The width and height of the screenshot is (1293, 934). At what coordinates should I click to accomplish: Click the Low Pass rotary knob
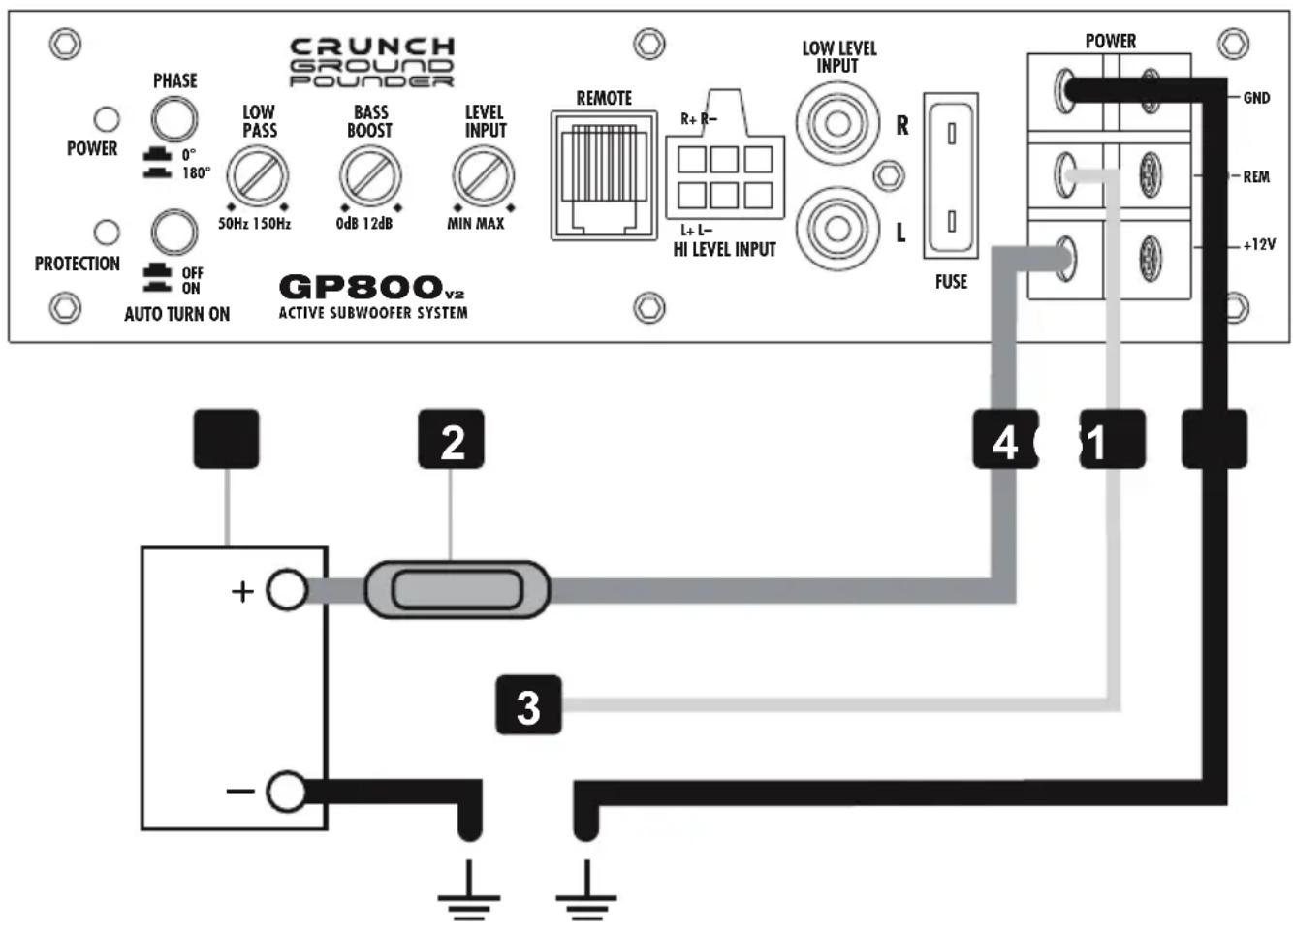click(258, 176)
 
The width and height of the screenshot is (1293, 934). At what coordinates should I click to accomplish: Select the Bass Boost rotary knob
click(369, 176)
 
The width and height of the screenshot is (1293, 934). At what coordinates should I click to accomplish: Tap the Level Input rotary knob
click(483, 176)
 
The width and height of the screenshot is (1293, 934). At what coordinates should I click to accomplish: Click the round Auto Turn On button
click(174, 233)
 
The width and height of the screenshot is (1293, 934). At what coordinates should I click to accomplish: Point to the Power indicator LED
click(106, 119)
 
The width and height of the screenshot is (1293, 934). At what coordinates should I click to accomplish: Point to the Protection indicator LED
click(106, 233)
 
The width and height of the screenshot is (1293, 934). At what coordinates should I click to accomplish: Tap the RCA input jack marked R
click(837, 124)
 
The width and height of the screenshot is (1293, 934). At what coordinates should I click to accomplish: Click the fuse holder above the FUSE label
click(951, 176)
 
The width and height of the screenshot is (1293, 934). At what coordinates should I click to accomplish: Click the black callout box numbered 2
click(451, 441)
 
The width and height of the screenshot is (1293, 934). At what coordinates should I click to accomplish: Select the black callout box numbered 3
click(528, 705)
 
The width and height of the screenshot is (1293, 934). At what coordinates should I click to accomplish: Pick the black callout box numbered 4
click(1004, 441)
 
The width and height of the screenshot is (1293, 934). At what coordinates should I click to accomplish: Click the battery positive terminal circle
click(286, 590)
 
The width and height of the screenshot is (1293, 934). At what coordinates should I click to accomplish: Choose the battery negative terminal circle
click(286, 792)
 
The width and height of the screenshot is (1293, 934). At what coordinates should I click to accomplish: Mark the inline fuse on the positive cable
click(457, 589)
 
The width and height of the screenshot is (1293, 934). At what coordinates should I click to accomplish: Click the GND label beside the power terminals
click(1256, 98)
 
